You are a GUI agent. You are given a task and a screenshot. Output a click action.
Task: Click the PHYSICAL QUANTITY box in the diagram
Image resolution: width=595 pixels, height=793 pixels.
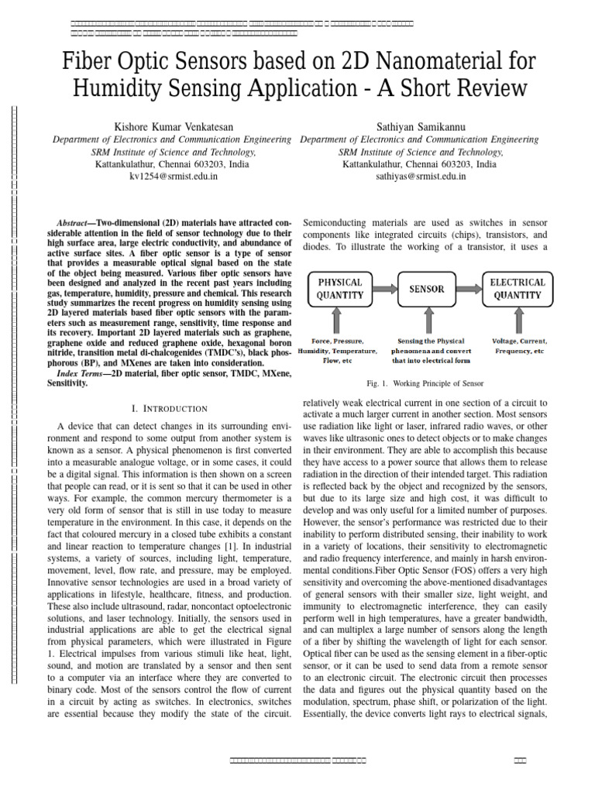tap(341, 289)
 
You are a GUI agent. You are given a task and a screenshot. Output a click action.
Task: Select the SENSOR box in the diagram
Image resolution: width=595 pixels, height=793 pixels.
tap(427, 289)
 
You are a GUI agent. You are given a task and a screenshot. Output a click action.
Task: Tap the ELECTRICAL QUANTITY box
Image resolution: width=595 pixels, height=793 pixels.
tap(518, 289)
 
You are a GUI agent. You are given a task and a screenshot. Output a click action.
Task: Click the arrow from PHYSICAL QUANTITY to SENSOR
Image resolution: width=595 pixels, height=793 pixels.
tap(384, 289)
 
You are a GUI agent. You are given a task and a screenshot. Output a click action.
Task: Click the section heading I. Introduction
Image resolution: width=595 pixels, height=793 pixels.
tap(170, 408)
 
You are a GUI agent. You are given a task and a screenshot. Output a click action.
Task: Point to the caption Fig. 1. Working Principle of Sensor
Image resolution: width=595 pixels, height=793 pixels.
tap(426, 383)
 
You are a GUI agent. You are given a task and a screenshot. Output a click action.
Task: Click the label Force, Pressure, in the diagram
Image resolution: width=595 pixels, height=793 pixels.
tap(338, 341)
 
